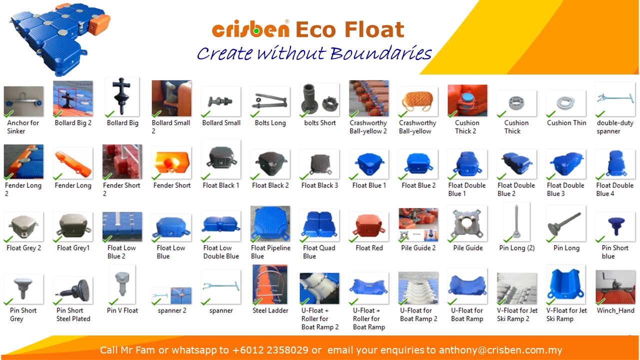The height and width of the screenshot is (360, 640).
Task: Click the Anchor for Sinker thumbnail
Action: (23, 101)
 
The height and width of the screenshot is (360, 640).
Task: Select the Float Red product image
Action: (369, 227)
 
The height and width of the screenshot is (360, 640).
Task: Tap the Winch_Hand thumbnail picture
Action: (615, 287)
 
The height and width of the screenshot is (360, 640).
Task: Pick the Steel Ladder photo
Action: (270, 284)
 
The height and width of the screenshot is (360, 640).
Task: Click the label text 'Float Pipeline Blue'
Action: (270, 252)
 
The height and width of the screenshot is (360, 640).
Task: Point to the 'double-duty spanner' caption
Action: (615, 127)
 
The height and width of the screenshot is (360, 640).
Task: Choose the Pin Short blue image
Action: (615, 227)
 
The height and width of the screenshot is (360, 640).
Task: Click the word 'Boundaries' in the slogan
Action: (381, 53)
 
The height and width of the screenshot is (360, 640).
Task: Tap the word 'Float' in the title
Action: (374, 29)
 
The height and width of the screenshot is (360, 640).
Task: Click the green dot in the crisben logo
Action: (256, 31)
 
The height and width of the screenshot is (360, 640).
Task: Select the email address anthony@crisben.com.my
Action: (500, 350)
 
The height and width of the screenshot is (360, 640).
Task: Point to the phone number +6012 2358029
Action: (270, 350)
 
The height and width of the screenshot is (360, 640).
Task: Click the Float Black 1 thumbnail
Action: (221, 159)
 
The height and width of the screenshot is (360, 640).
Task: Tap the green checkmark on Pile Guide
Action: (452, 238)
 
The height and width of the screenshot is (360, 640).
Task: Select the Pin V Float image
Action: (122, 284)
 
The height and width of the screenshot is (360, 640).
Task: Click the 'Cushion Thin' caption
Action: (566, 123)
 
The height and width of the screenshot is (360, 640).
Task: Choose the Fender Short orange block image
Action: (171, 163)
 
